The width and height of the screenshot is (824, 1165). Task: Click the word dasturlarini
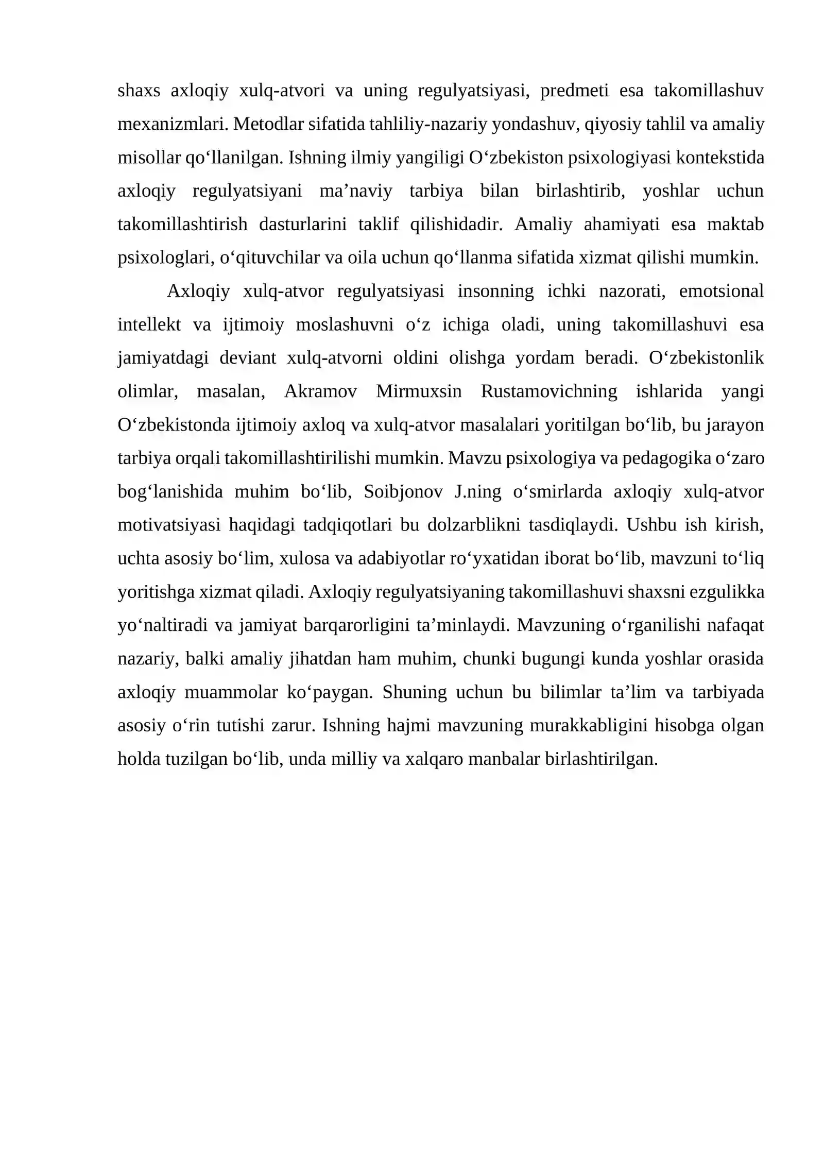click(x=303, y=225)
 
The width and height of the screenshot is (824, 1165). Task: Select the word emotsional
click(x=721, y=292)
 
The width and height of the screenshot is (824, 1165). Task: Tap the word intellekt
click(x=149, y=325)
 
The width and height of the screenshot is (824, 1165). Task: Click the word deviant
click(x=248, y=358)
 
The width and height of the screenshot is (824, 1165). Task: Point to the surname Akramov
click(x=320, y=392)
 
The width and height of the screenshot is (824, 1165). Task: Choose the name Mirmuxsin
click(x=419, y=392)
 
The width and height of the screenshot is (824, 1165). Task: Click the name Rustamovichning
click(x=548, y=392)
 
